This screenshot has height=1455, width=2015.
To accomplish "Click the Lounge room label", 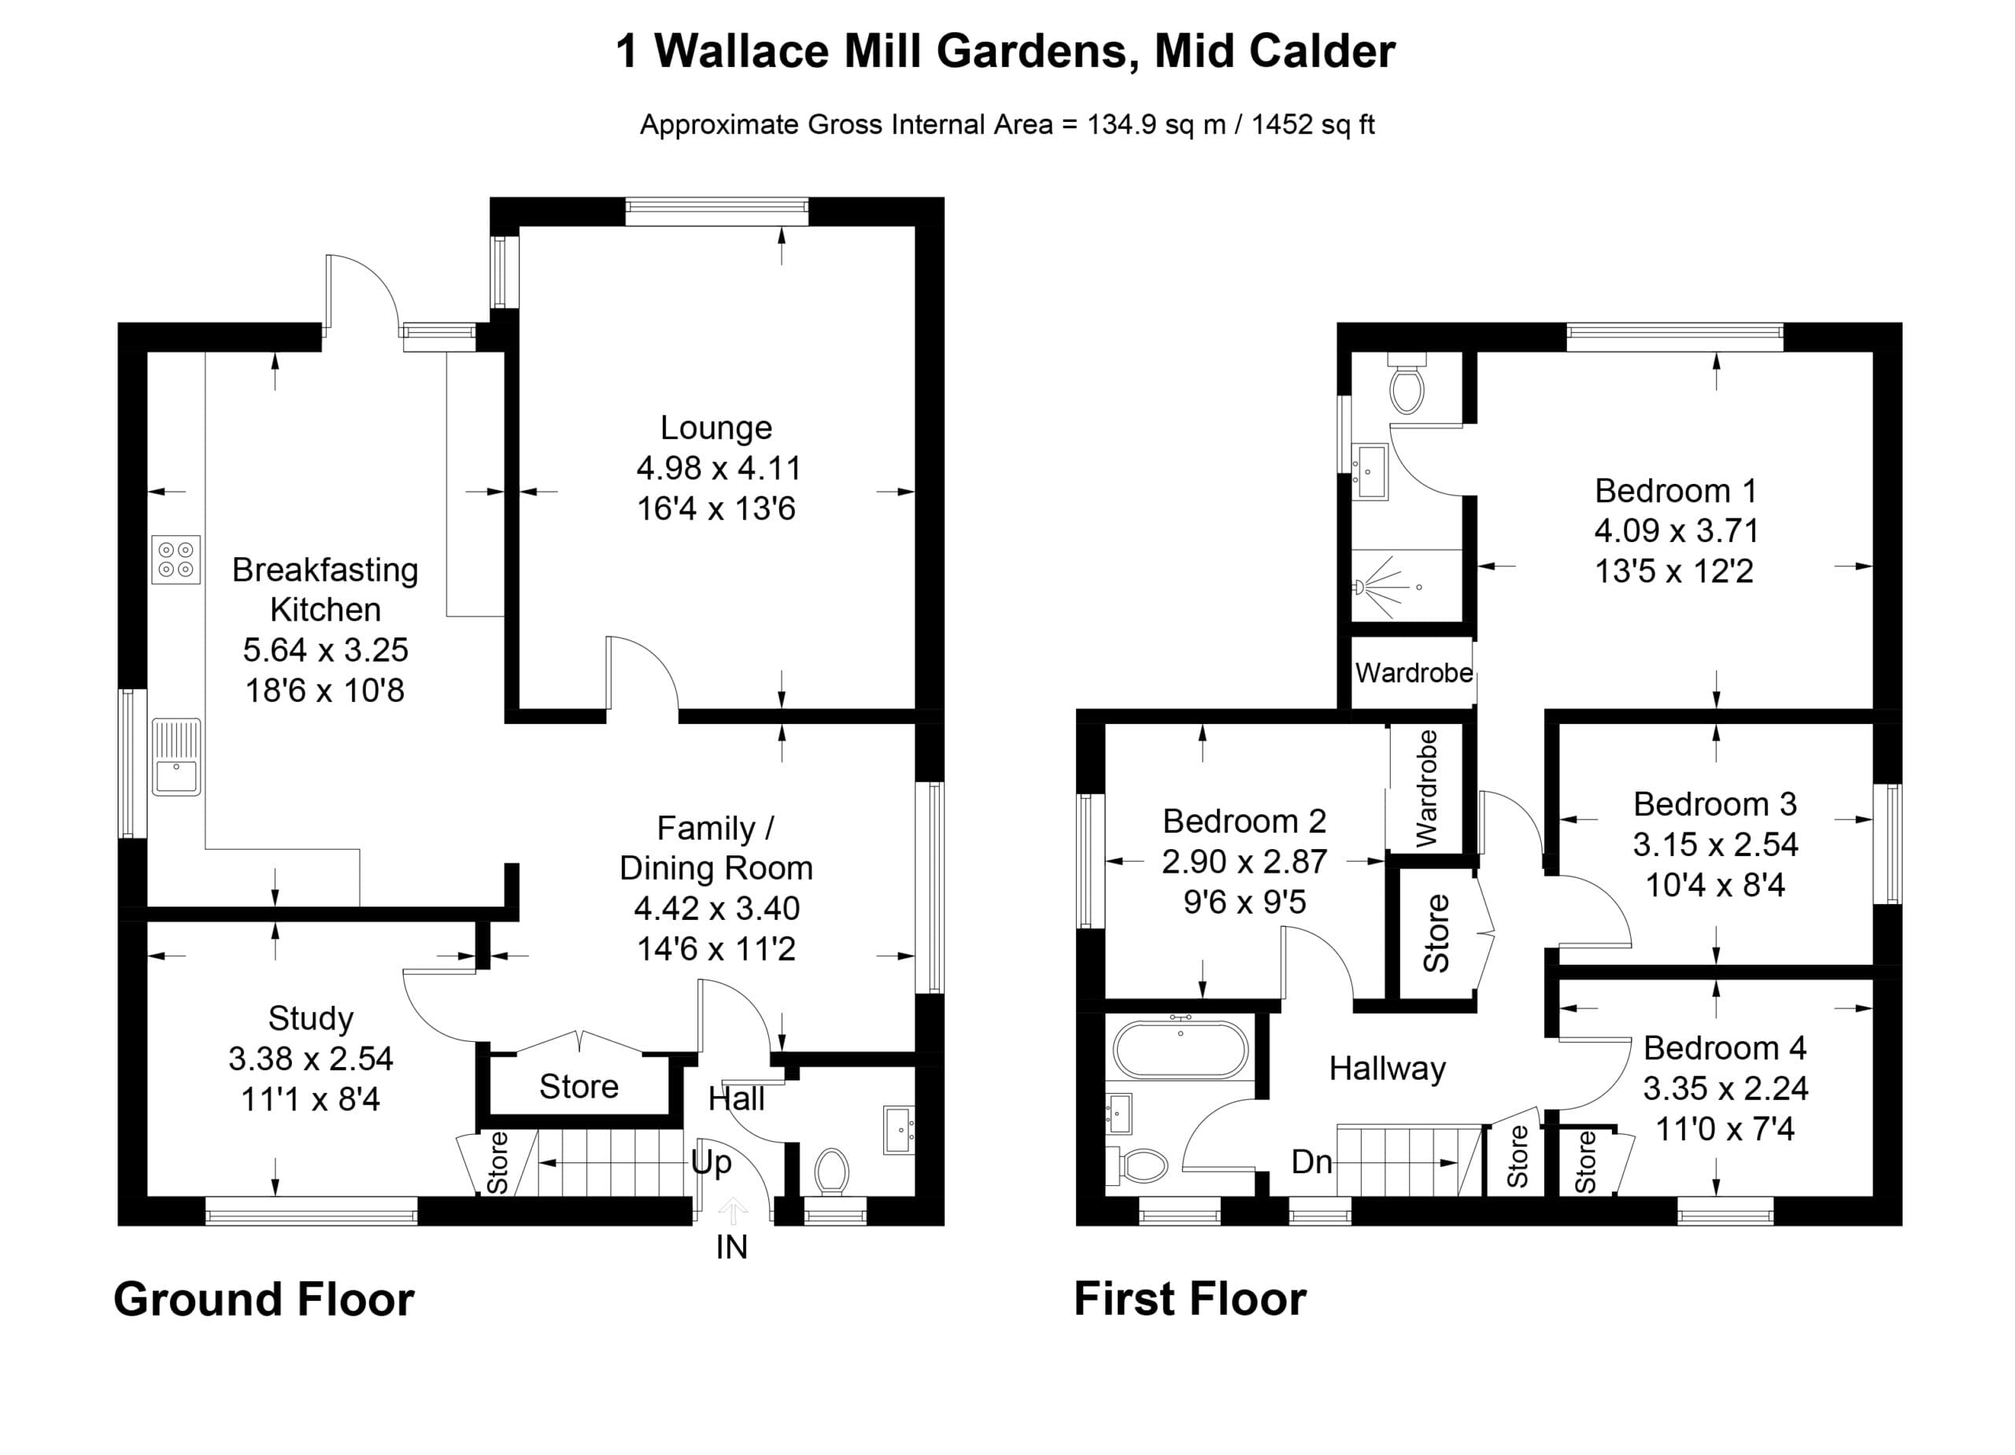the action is [716, 427].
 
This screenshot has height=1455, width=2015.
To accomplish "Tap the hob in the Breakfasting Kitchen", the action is [176, 559].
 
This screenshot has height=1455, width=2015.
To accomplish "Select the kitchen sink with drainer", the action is [176, 757].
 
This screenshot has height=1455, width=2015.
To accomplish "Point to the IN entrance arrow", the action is [732, 1211].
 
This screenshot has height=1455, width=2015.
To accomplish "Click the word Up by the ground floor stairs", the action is [711, 1163].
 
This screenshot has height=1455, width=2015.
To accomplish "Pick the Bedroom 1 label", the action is [1676, 490].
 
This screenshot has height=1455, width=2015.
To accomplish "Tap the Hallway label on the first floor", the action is [1387, 1069].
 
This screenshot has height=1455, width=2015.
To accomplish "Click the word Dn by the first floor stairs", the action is [1311, 1161].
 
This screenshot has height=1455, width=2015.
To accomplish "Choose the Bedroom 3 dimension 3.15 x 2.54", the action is [1714, 844].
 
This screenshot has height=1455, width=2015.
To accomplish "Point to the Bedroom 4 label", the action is [1725, 1047].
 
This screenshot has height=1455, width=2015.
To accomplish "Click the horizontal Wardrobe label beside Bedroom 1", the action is [1414, 674].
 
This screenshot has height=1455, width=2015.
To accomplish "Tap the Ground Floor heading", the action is [264, 1298].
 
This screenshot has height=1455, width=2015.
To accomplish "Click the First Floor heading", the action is [1189, 1298].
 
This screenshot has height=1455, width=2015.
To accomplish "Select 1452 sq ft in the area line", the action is [1312, 124].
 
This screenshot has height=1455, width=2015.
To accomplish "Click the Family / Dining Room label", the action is [715, 848].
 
